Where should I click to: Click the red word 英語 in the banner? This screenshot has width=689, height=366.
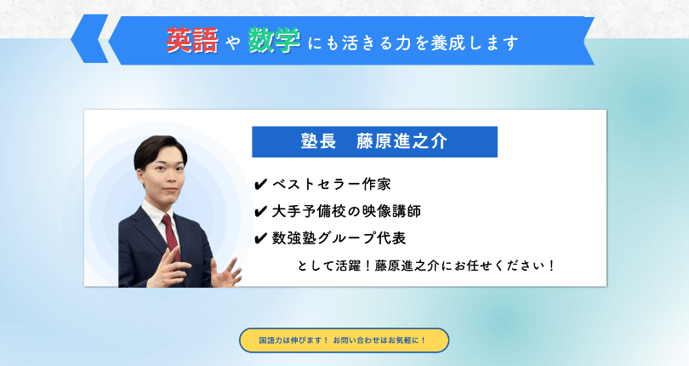pyautogui.click(x=192, y=41)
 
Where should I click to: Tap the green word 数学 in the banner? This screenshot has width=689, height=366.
pyautogui.click(x=274, y=41)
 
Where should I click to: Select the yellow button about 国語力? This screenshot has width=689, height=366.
pyautogui.click(x=344, y=340)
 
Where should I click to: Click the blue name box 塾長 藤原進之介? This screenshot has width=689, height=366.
pyautogui.click(x=374, y=141)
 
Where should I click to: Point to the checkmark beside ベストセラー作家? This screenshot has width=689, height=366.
pyautogui.click(x=260, y=185)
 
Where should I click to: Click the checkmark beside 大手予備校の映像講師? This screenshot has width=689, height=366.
pyautogui.click(x=260, y=212)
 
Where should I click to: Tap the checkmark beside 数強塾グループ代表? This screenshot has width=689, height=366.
pyautogui.click(x=260, y=238)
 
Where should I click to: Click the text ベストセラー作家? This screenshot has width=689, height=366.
pyautogui.click(x=332, y=185)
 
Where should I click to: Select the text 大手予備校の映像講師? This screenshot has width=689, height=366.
pyautogui.click(x=346, y=211)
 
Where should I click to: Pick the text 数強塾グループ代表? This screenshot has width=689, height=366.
pyautogui.click(x=339, y=238)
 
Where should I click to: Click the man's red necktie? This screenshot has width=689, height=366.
pyautogui.click(x=171, y=237)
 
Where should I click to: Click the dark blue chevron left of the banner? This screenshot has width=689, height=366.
pyautogui.click(x=89, y=38)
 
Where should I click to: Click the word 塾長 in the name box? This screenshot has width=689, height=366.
pyautogui.click(x=319, y=141)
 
